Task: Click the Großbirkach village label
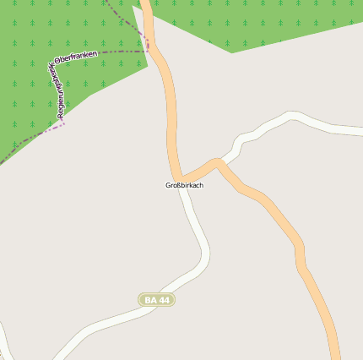[184, 185]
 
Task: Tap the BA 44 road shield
[157, 300]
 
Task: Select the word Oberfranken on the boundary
[77, 57]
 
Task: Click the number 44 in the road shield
[164, 300]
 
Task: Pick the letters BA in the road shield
[150, 300]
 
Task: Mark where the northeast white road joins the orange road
[218, 161]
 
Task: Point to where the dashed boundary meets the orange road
[149, 50]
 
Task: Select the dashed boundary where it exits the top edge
[107, 3]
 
